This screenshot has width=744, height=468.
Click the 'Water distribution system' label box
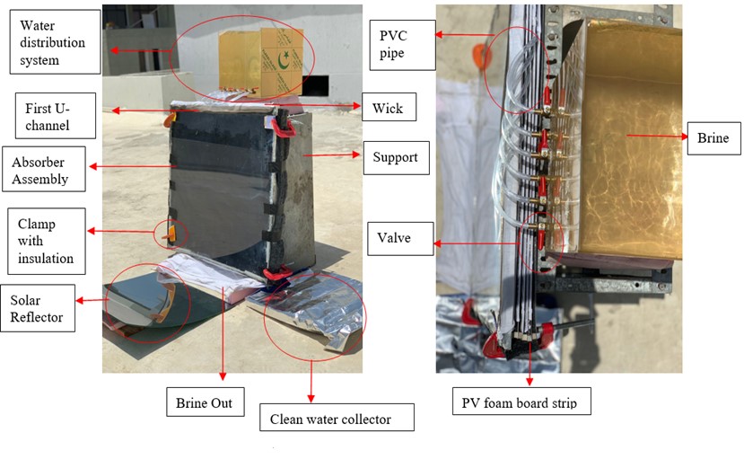(55, 42)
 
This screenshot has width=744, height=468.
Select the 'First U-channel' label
(56, 116)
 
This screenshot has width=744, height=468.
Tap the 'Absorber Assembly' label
(44, 169)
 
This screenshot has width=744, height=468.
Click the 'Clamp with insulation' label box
(47, 241)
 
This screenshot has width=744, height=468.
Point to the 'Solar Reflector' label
(38, 308)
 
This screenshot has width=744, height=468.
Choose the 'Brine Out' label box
(205, 402)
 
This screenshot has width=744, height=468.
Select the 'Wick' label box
(390, 107)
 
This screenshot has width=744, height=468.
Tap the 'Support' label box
(396, 158)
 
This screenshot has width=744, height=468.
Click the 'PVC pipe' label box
(402, 45)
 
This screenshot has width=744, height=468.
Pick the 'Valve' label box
(400, 239)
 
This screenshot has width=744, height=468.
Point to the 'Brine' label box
(713, 138)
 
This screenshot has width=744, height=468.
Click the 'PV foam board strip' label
(521, 402)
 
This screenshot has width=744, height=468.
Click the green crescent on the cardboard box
(284, 60)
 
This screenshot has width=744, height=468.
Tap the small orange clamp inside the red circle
(169, 234)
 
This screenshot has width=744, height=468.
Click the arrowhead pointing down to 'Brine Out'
(223, 376)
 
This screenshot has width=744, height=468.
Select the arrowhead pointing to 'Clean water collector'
(311, 398)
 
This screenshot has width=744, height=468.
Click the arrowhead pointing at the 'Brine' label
(684, 137)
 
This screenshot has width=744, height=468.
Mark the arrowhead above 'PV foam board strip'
(530, 381)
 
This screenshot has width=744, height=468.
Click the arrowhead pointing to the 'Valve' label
(437, 243)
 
